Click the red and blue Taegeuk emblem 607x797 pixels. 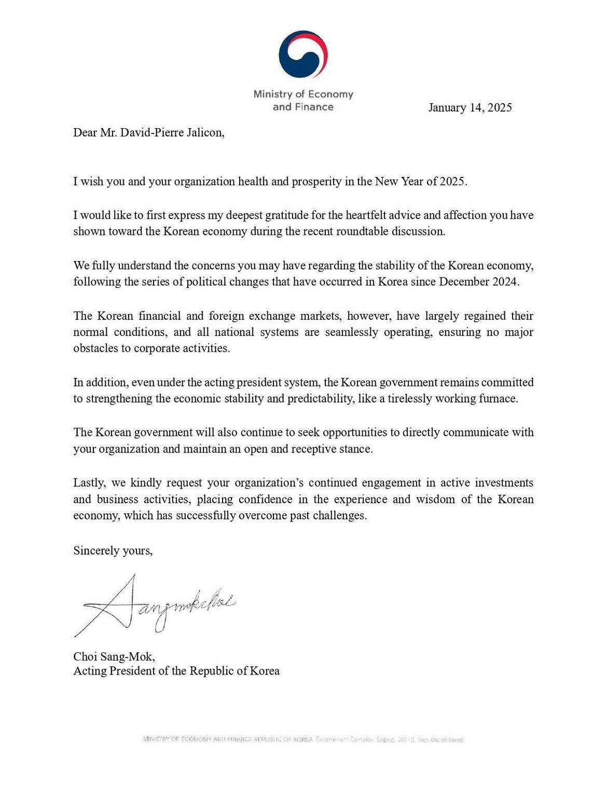click(x=303, y=54)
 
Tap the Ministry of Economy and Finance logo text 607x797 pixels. click(x=303, y=101)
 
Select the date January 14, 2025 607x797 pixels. click(x=470, y=108)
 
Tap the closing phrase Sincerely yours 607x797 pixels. click(x=113, y=551)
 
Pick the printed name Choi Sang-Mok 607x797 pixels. click(x=114, y=657)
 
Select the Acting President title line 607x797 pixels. click(x=176, y=671)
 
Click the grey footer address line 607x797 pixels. click(x=303, y=739)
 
